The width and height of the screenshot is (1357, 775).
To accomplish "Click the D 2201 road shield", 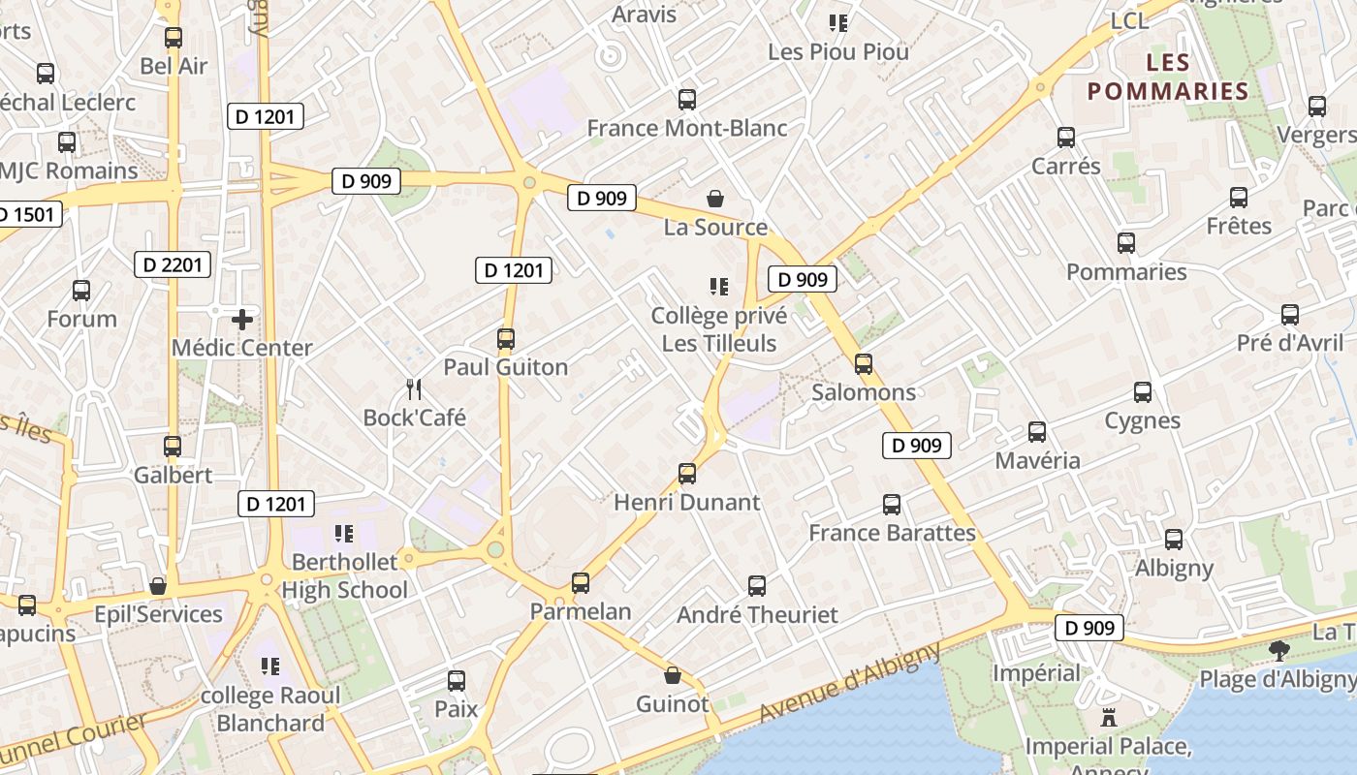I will tap(172, 264).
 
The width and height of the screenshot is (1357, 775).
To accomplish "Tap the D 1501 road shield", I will tap(26, 214).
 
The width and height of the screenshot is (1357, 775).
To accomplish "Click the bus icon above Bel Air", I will tap(174, 38).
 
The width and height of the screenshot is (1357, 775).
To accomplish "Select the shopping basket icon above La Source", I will tap(715, 199).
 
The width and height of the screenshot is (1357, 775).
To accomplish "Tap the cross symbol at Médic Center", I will tap(242, 319).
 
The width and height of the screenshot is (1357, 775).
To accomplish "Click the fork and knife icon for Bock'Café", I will tap(414, 389).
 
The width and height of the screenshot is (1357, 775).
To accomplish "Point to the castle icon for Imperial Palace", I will tap(1109, 718).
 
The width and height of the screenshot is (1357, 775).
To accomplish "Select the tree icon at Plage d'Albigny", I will tap(1280, 650).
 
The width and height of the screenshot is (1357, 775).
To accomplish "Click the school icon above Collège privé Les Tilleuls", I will tap(718, 286).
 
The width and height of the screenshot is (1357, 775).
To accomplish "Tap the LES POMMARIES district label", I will tap(1167, 77).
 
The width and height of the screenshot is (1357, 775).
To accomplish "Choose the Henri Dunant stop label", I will tap(687, 502).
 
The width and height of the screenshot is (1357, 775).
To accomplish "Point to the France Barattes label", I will tap(892, 533).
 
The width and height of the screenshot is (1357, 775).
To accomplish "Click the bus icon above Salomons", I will tap(864, 364).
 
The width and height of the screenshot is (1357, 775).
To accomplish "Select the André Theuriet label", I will tap(757, 614).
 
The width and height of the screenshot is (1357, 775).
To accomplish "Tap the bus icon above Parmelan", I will tap(581, 582).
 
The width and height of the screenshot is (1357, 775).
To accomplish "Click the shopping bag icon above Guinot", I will tap(673, 675).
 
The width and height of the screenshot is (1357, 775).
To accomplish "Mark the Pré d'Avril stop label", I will tap(1290, 343).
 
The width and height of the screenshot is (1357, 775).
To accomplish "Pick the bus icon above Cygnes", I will tap(1143, 392).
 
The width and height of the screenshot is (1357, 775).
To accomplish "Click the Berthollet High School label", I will tap(345, 575).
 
